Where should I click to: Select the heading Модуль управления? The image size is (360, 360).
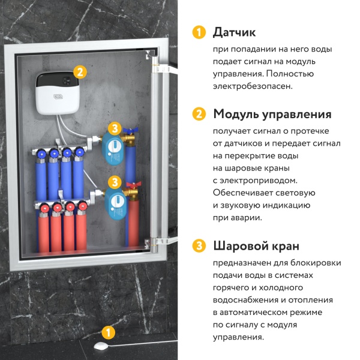272,113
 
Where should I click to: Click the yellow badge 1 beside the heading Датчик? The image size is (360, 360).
198,32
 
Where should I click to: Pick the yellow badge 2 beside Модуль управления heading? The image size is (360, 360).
198,113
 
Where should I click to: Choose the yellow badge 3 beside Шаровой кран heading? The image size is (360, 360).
198,245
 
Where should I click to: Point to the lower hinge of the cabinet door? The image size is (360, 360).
158,240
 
